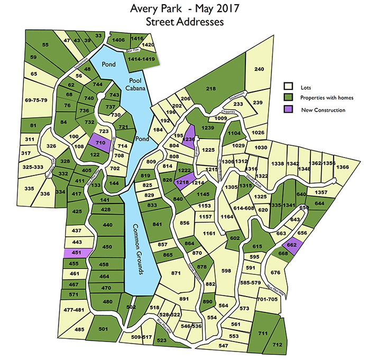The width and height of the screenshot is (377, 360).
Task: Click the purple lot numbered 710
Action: pos(100,142)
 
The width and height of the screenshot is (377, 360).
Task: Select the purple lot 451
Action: pos(76,253)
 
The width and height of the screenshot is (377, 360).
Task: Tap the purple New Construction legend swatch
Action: pos(289,109)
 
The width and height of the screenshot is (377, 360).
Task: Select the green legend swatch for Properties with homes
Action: pos(289,98)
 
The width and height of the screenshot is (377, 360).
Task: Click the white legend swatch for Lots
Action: pos(289,86)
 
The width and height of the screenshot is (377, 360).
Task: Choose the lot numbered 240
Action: pos(259,69)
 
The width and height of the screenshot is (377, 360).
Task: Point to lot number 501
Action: pos(103,329)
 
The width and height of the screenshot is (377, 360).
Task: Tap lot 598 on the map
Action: pos(227,271)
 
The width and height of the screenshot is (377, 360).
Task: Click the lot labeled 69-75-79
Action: pos(36,100)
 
